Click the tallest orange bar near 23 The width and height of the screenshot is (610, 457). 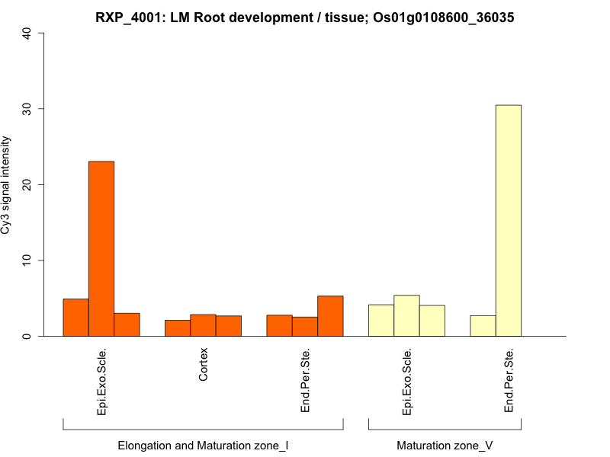[x=101, y=248]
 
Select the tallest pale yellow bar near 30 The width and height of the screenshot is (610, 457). [x=509, y=221]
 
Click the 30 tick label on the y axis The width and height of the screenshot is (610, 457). [x=27, y=109]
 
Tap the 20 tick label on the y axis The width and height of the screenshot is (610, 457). [x=27, y=184]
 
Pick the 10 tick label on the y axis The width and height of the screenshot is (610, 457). [x=27, y=260]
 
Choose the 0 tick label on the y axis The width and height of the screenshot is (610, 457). [x=27, y=336]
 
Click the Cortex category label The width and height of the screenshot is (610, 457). [x=204, y=365]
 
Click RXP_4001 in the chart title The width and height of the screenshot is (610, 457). [x=126, y=17]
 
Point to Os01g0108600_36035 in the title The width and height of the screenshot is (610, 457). [x=441, y=17]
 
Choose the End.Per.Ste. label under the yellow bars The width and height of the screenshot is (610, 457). [x=509, y=380]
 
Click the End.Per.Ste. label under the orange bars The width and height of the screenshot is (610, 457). [x=306, y=380]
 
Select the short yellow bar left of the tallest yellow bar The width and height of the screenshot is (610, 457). [x=483, y=326]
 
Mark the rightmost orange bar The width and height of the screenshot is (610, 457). [x=330, y=316]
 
